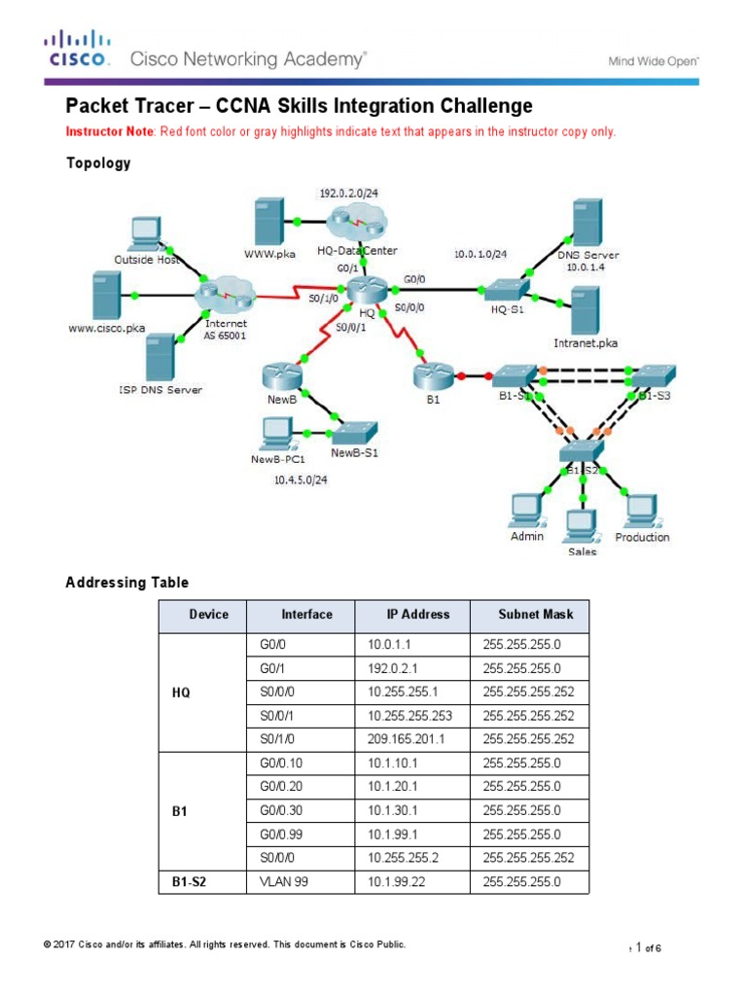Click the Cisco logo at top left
(77, 49)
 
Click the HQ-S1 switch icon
(507, 289)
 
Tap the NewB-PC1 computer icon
(278, 432)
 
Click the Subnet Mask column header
(536, 615)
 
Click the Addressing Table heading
(126, 583)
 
